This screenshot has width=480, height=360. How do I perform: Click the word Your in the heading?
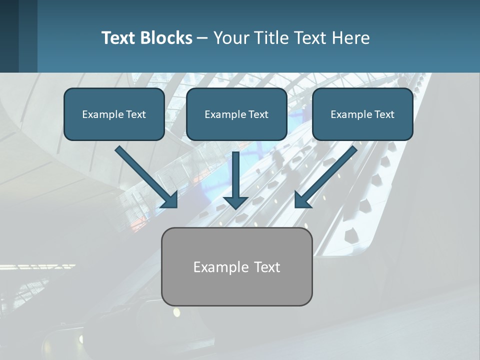(x=231, y=38)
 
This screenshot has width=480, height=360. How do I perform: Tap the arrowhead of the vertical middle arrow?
(x=235, y=202)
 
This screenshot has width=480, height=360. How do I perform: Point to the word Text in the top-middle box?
(x=257, y=114)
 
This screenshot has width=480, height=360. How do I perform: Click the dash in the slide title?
(x=202, y=38)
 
